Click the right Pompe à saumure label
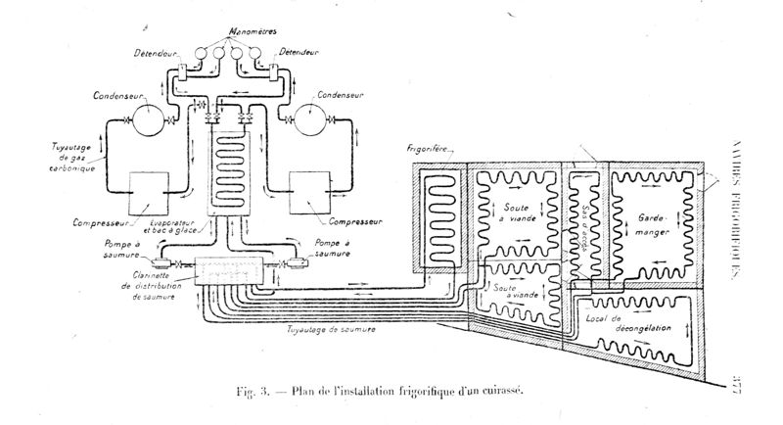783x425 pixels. (x=326, y=247)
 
